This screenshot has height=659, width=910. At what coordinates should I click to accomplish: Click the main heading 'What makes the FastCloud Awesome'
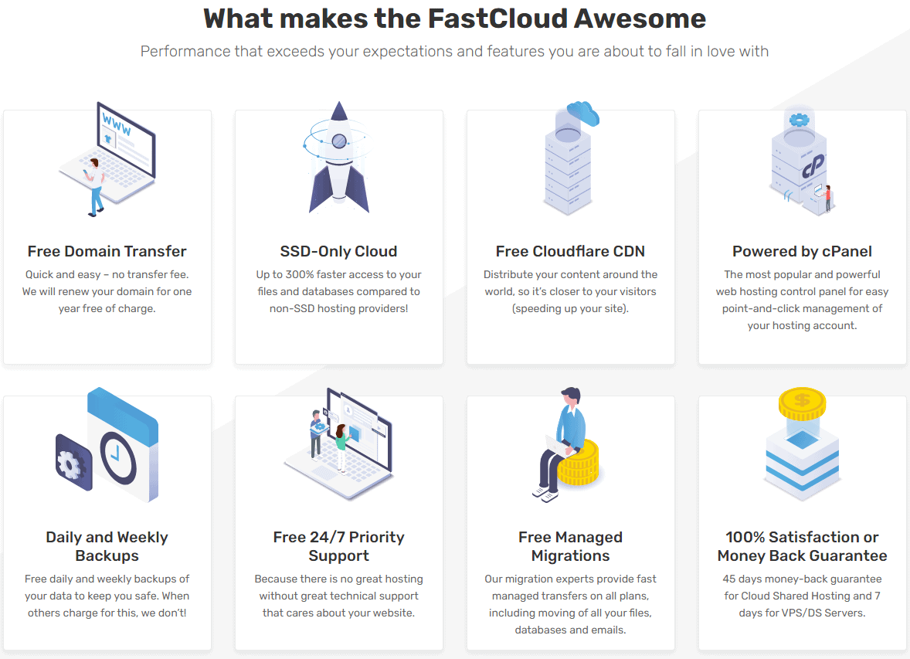tap(454, 19)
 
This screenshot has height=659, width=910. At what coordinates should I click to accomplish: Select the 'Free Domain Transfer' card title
tap(107, 251)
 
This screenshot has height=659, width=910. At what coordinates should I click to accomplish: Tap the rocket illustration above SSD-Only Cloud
tap(338, 158)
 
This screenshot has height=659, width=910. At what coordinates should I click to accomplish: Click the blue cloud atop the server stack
tap(582, 113)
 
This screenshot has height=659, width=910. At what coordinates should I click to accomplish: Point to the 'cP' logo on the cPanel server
tap(813, 166)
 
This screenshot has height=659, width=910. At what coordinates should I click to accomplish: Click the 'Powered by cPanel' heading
tap(802, 251)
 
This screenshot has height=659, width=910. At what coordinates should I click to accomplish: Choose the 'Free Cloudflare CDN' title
tap(571, 251)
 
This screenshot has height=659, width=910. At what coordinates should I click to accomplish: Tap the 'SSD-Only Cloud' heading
tap(339, 251)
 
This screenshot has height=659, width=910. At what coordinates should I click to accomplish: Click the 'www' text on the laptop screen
tap(117, 124)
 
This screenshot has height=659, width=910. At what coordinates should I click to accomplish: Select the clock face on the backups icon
tap(118, 458)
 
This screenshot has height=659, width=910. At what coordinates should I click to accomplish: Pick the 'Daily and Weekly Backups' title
tap(107, 546)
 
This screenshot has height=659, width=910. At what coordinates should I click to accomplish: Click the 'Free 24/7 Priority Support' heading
tap(339, 546)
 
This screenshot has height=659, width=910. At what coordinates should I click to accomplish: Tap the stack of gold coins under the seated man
tap(578, 463)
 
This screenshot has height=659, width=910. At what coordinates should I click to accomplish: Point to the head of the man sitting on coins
tap(571, 397)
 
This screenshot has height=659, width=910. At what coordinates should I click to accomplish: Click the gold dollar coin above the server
tap(802, 403)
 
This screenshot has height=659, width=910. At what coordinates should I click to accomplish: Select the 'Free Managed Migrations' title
tap(571, 546)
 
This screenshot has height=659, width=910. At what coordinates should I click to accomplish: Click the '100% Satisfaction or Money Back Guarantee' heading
tap(802, 546)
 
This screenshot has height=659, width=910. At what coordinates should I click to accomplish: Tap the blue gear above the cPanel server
tap(800, 121)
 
